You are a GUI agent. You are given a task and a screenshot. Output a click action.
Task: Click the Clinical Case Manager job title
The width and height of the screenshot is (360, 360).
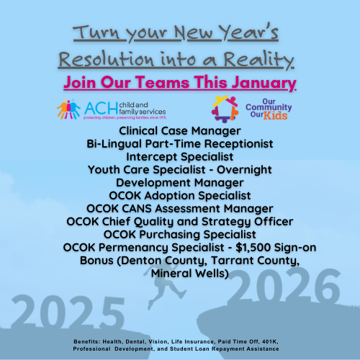179,132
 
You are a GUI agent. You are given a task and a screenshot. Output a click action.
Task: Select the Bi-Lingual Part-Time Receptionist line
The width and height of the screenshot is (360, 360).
179,144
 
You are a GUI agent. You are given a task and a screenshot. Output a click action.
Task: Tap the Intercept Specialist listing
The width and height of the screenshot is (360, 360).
179,156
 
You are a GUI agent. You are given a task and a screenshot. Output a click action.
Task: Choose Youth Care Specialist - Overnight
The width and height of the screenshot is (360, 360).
179,169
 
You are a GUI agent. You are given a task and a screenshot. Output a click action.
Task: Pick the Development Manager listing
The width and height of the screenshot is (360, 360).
179,182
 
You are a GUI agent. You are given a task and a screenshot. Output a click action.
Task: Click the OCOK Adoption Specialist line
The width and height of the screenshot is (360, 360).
179,195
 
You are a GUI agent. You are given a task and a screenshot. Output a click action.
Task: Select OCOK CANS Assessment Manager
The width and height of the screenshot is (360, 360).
179,208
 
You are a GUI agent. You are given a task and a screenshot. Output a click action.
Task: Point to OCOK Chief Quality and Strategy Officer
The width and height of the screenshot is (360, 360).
179,221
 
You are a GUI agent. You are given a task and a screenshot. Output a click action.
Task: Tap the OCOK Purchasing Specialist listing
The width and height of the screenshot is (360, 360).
179,234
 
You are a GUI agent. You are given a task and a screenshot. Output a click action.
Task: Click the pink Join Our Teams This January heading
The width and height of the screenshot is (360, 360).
180,84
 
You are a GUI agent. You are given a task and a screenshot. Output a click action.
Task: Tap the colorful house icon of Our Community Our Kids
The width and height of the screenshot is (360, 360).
225,108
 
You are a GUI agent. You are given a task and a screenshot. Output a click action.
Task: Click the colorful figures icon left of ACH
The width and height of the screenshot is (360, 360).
70,109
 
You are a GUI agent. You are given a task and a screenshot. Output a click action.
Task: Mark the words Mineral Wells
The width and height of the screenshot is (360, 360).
179,273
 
